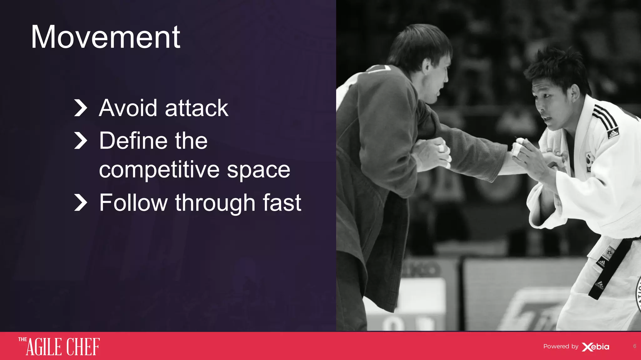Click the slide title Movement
coord(105,37)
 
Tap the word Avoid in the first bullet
coord(128,108)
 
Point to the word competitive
coord(159,170)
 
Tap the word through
coord(216,203)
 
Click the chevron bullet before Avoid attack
coord(80,108)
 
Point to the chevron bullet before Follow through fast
coord(80,203)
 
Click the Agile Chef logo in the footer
coord(59,346)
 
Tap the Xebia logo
coord(596,347)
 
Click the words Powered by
coord(561,347)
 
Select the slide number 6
coord(634,346)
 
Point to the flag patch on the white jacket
coord(590,160)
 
